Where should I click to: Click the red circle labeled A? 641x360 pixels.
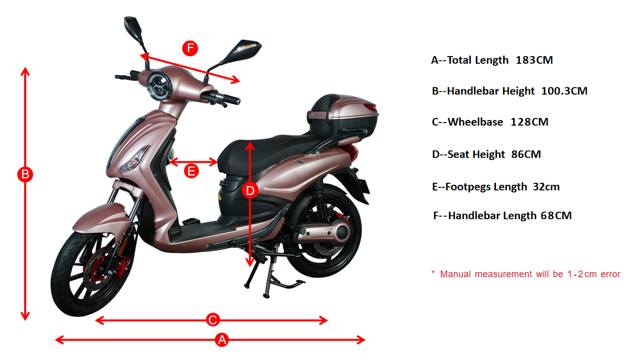222,340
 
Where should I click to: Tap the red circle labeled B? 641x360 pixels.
25,174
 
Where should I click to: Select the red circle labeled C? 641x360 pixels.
213,320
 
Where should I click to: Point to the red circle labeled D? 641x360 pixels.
250,190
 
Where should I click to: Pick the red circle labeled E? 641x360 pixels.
191,171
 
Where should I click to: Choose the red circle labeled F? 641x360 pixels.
190,48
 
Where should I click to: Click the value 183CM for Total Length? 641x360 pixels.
534,60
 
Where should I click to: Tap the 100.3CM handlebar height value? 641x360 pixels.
564,91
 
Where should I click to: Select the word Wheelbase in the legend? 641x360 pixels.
476,122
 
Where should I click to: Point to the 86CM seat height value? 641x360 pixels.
526,154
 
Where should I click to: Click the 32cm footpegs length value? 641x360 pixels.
546,187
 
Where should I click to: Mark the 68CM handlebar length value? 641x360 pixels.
556,215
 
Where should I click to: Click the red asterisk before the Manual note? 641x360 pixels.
433,272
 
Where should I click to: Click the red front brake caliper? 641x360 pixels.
122,267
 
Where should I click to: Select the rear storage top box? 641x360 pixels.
343,116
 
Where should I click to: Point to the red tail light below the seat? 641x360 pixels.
352,153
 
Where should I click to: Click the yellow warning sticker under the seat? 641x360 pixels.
220,197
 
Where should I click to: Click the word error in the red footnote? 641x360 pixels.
610,274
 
